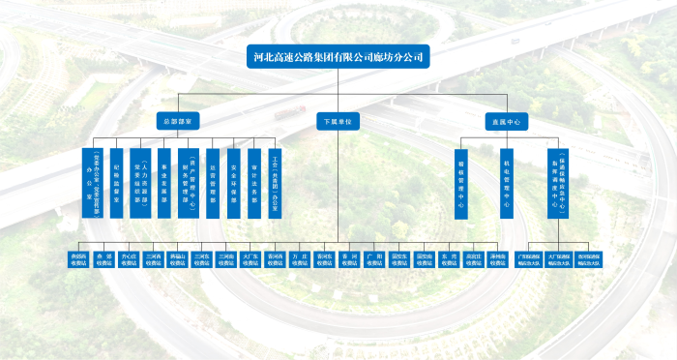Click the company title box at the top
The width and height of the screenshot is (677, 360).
(x=338, y=56)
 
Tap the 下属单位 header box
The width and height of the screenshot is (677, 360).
(x=338, y=122)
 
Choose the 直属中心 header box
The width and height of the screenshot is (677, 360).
(x=505, y=122)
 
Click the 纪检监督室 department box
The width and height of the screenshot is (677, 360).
(x=116, y=181)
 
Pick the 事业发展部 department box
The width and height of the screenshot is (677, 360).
(x=164, y=181)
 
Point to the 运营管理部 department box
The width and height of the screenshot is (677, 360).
(x=212, y=181)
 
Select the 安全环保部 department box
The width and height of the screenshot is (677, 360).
(x=235, y=181)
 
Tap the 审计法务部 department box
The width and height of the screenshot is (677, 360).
(x=253, y=181)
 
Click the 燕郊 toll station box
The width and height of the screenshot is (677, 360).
(x=103, y=259)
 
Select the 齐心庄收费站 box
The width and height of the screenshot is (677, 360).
(x=129, y=259)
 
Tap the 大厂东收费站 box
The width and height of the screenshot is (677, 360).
(x=250, y=259)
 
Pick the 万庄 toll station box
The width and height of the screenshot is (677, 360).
(x=300, y=259)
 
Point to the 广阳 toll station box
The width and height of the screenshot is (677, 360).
(x=375, y=259)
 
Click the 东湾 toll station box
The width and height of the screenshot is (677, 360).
(x=449, y=259)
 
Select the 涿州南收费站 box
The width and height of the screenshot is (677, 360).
(x=497, y=259)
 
